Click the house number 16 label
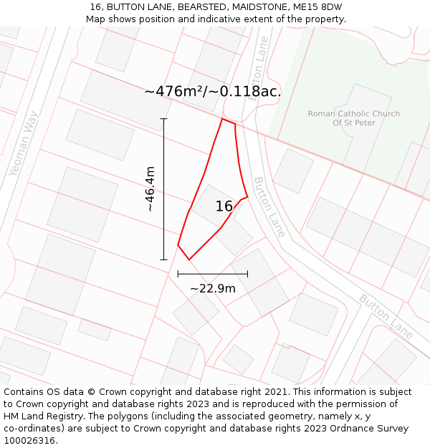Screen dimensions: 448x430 224,206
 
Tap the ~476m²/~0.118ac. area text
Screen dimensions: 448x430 213,92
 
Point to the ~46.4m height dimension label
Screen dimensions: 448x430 150,189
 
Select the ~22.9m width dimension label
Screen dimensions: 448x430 213,288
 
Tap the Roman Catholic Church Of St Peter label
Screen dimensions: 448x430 354,118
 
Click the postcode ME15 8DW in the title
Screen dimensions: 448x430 317,7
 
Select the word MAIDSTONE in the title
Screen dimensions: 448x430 255,7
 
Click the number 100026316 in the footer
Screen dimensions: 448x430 29,441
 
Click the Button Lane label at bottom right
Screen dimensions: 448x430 386,316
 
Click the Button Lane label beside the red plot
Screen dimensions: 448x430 269,207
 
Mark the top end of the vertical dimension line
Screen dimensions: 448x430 163,119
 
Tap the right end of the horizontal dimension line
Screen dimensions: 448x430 247,274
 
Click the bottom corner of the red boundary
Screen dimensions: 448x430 189,259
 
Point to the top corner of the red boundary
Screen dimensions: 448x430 222,119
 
